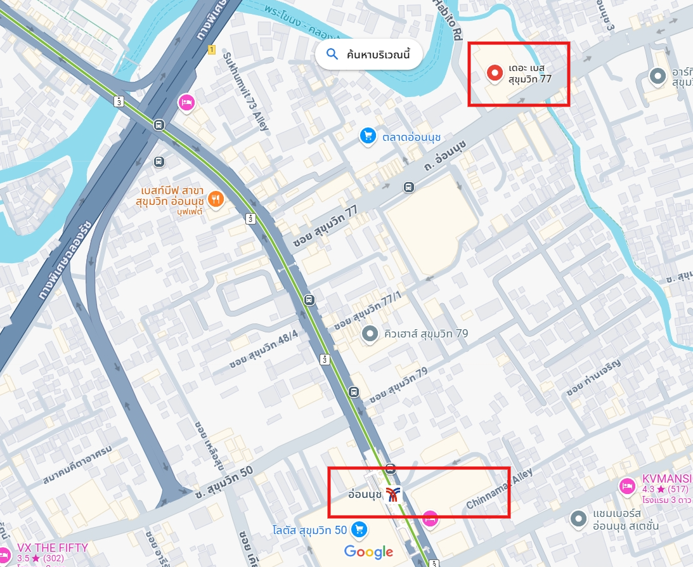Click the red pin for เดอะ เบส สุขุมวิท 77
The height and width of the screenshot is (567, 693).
pos(495,73)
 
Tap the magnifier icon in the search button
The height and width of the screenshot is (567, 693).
pos(332,55)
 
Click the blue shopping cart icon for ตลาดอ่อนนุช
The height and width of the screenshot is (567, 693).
pos(368,135)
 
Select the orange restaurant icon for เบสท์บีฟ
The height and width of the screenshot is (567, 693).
pos(216,199)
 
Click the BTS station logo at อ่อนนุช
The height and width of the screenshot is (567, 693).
pos(394,494)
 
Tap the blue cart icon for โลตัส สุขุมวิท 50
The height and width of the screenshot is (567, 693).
pos(359,529)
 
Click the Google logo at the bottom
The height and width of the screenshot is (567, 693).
pos(368,552)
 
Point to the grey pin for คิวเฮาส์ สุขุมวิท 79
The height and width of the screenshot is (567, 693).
pos(369,333)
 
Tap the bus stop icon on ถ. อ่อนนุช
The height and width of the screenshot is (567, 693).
pos(409,187)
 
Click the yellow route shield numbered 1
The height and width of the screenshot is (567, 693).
pos(211,49)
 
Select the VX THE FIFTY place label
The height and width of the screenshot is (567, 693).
pos(53,547)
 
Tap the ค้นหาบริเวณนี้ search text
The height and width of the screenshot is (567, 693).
pos(379,55)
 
